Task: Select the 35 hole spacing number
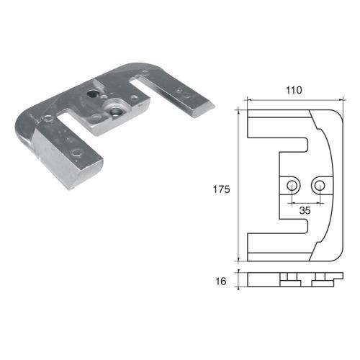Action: coord(304,212)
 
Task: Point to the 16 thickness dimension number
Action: coord(221,282)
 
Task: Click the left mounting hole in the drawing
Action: coord(291,186)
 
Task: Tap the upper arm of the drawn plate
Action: coord(277,123)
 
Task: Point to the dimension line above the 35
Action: coord(305,202)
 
